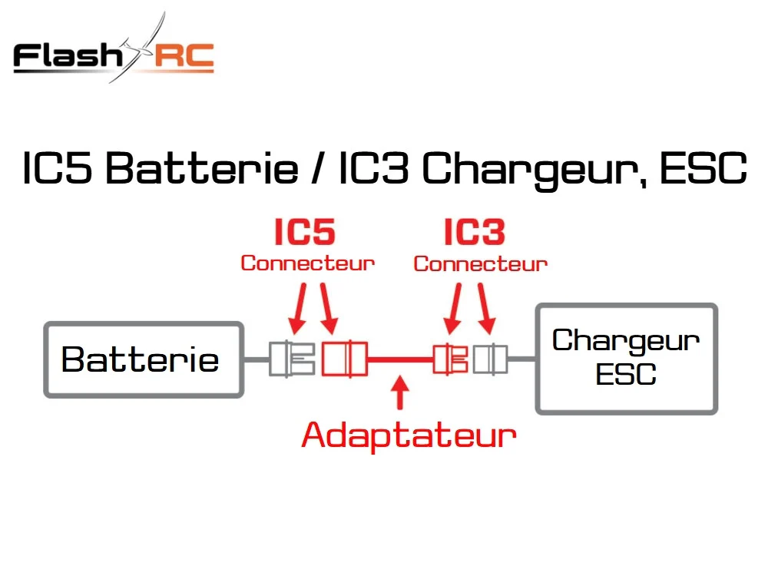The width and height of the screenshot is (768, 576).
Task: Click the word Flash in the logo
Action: [x=68, y=55]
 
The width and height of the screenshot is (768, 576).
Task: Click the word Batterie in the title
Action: [x=202, y=168]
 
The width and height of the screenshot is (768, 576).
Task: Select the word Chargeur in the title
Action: [x=532, y=170]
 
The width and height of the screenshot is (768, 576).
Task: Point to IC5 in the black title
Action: [x=58, y=168]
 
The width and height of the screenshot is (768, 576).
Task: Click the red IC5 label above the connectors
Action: [x=305, y=232]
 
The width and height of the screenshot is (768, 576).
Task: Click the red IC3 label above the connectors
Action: [x=474, y=232]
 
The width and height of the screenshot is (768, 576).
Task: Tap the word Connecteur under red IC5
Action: [x=308, y=263]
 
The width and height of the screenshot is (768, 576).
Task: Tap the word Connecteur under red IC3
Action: [x=481, y=263]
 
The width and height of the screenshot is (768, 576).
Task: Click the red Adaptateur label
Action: [x=409, y=435]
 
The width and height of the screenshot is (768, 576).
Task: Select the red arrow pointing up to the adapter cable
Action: [x=401, y=392]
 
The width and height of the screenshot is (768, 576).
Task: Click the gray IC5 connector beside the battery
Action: [x=292, y=359]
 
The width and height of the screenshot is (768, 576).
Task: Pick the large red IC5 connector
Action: [x=344, y=359]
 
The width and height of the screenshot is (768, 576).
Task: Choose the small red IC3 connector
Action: [x=451, y=359]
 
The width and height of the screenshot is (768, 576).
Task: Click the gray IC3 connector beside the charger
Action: [x=490, y=359]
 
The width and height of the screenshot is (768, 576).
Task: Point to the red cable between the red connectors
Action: [x=400, y=359]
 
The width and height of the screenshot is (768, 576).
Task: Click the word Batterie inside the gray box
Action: [x=140, y=359]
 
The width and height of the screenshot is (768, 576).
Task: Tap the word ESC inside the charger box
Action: [x=626, y=375]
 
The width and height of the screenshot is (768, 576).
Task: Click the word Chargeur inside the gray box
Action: [x=626, y=340]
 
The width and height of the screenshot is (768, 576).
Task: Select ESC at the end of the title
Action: [x=703, y=168]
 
